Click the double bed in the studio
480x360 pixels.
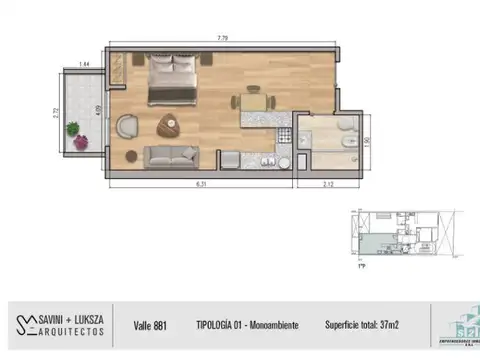[x=171, y=78]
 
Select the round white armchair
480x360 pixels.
[x=127, y=127]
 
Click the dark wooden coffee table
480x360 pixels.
[x=167, y=125]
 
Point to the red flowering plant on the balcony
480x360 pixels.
[x=80, y=143]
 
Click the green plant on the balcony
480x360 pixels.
[x=73, y=128]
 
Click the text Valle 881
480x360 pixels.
[x=154, y=324]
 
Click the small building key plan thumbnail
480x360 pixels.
[x=400, y=237]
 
